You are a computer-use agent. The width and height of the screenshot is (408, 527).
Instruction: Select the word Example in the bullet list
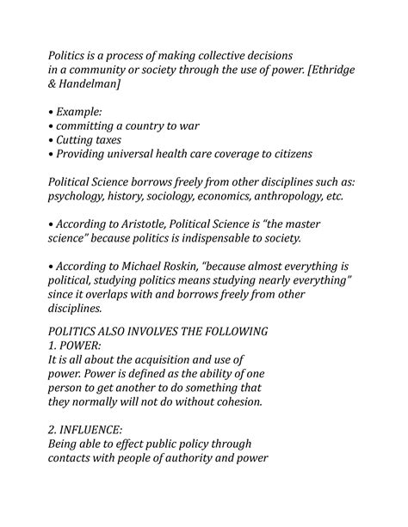tap(83, 112)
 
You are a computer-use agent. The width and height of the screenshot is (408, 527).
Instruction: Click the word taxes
tap(127, 139)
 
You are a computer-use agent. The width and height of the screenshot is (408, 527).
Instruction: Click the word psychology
tap(84, 196)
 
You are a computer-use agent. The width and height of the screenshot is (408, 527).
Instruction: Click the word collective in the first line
tap(235, 56)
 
